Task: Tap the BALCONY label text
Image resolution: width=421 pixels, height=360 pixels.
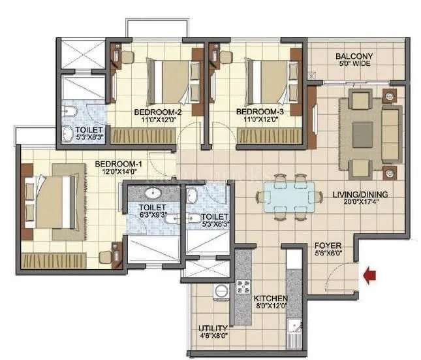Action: (x=354, y=56)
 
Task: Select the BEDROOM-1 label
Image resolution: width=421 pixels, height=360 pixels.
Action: (x=115, y=163)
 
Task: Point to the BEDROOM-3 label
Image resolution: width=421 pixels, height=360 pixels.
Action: (x=259, y=112)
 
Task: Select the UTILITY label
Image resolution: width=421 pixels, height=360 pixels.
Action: (x=213, y=328)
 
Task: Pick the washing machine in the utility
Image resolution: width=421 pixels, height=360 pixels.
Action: (x=221, y=292)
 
